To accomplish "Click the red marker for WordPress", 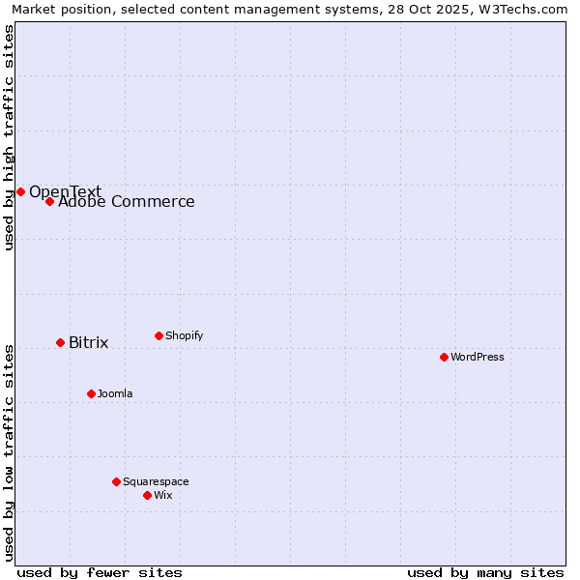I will (444, 357).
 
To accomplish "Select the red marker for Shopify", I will (159, 335).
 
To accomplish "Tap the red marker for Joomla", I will (91, 393).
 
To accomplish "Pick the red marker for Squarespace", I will (116, 481).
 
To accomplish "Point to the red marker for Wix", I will (147, 495).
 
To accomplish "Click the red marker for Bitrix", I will (60, 342).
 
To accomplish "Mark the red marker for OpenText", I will (20, 191).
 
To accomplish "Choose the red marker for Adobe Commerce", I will (49, 201).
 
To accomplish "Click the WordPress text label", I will (478, 357).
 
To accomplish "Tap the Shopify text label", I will (185, 335).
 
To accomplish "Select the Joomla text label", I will (115, 393).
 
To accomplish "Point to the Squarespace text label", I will (156, 481).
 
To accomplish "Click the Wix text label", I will (163, 495).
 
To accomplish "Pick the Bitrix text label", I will (89, 343).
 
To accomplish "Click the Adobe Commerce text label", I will (127, 202).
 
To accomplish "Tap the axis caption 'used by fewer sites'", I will (100, 572).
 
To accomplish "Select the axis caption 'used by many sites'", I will (485, 572).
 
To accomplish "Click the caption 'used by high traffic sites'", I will (9, 137).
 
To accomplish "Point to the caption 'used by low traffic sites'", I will (9, 452).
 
